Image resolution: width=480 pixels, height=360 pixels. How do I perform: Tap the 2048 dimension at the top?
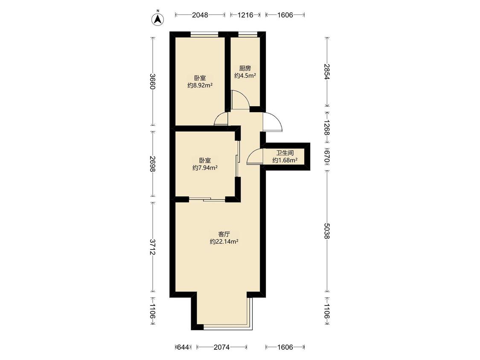point(200,15)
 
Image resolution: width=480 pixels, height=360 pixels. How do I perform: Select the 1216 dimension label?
point(245,15)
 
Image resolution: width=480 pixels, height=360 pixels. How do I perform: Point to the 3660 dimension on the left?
point(153,81)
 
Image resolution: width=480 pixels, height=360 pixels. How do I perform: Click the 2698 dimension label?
point(153,164)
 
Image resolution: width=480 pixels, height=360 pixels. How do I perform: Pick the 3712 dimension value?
point(153,247)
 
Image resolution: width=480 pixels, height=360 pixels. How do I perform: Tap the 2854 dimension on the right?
point(327,72)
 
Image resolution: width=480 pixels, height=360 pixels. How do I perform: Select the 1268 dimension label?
point(327,128)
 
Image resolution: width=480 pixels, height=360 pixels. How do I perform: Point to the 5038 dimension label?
point(327,231)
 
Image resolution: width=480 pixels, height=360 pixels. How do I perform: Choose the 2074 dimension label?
point(221,347)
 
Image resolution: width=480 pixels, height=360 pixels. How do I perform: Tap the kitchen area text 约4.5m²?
point(245,75)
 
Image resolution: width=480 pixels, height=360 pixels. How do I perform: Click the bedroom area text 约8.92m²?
point(200,85)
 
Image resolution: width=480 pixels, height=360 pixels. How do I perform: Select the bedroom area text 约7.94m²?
point(205,168)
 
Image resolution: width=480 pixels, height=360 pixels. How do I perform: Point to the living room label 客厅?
point(224,234)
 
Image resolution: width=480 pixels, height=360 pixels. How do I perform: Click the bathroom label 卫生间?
point(285,152)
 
